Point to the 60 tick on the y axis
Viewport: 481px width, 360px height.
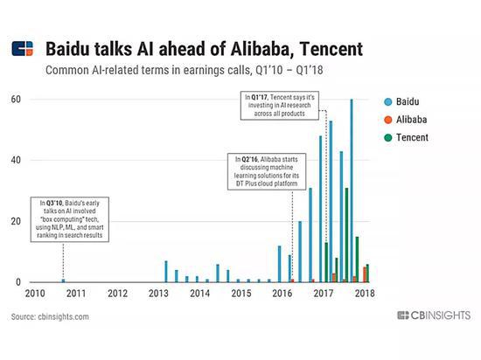(x=15, y=99)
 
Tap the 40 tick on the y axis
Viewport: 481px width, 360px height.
(x=15, y=160)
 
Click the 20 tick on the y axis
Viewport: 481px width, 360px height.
(x=15, y=221)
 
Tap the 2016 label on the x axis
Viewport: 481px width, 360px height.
(x=282, y=294)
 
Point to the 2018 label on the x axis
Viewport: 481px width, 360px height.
(x=365, y=294)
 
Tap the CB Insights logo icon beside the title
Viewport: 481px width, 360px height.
(x=24, y=47)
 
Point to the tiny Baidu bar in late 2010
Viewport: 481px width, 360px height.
(x=63, y=280)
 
